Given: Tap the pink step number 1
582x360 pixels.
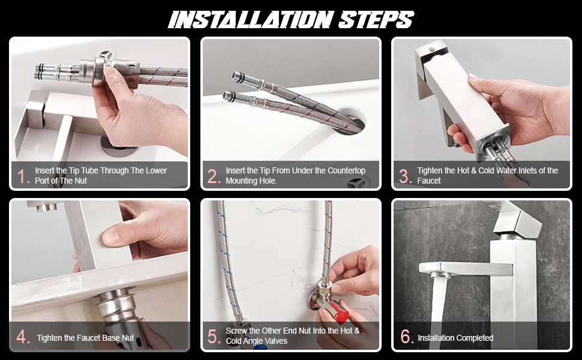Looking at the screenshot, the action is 23,176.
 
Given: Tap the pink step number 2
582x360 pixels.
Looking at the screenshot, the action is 214,176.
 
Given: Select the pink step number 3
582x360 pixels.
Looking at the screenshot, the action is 406,176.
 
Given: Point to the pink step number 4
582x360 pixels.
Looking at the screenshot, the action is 23,337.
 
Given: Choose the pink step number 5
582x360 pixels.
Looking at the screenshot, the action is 214,337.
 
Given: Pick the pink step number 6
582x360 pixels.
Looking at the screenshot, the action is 407,337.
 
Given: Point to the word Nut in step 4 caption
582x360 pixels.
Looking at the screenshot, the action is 128,338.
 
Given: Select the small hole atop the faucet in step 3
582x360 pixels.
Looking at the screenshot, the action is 431,49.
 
